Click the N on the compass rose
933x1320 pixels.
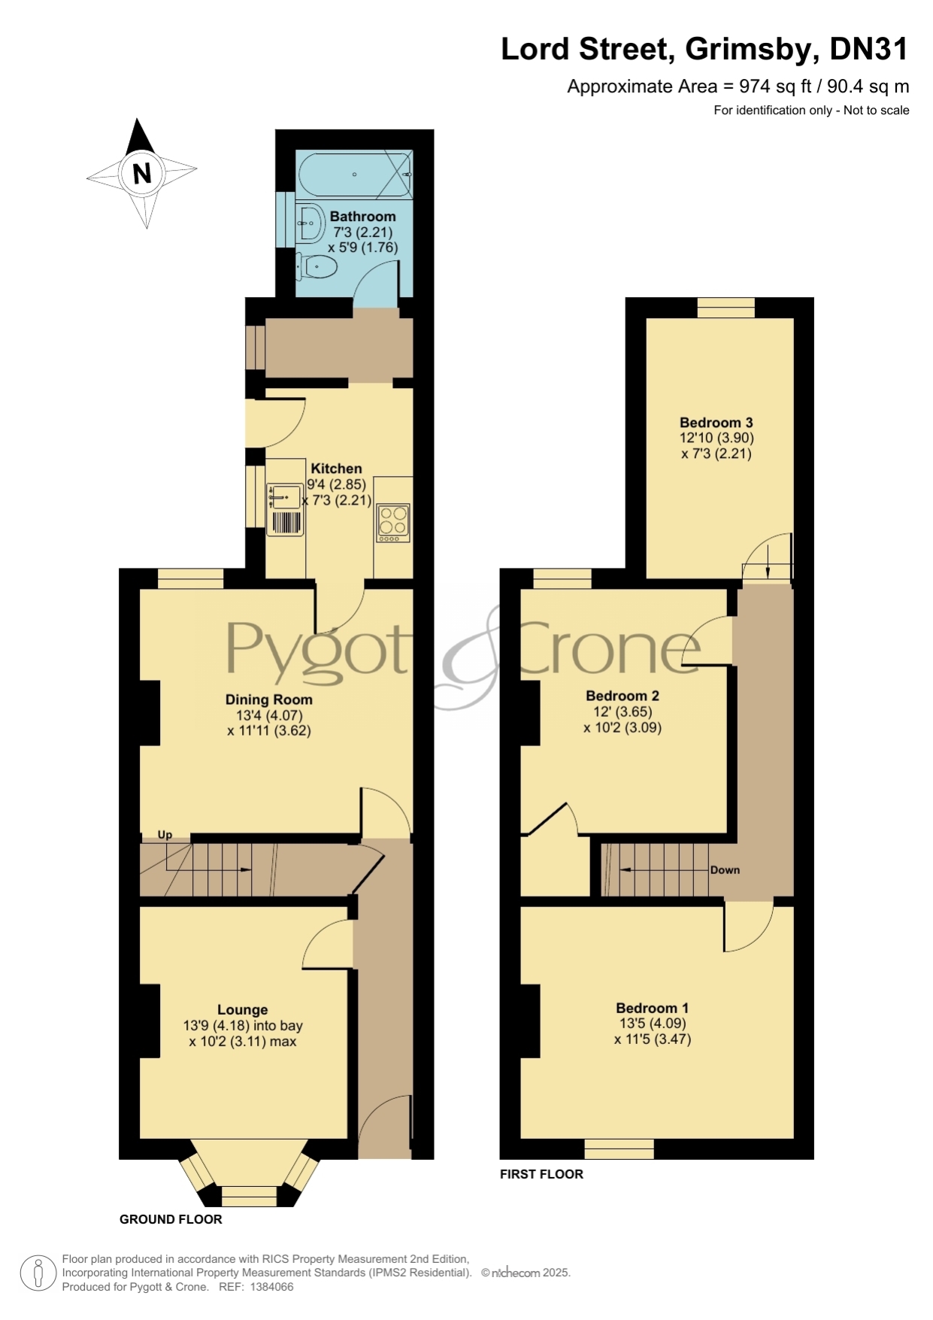point(141,174)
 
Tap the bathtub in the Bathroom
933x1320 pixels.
point(355,174)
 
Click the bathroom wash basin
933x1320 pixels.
point(310,223)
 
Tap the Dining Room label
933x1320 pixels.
point(269,699)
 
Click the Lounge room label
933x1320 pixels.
point(242,1009)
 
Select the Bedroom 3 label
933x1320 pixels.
point(716,423)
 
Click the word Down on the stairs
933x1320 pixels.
point(725,870)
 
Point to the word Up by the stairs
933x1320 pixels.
point(165,835)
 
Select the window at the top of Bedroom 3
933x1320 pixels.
point(725,308)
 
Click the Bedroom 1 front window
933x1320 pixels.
point(619,1149)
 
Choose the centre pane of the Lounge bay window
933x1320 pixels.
point(250,1196)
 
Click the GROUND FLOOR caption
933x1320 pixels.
point(171,1219)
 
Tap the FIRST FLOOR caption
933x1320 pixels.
point(541,1173)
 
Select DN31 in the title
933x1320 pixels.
point(869,50)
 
